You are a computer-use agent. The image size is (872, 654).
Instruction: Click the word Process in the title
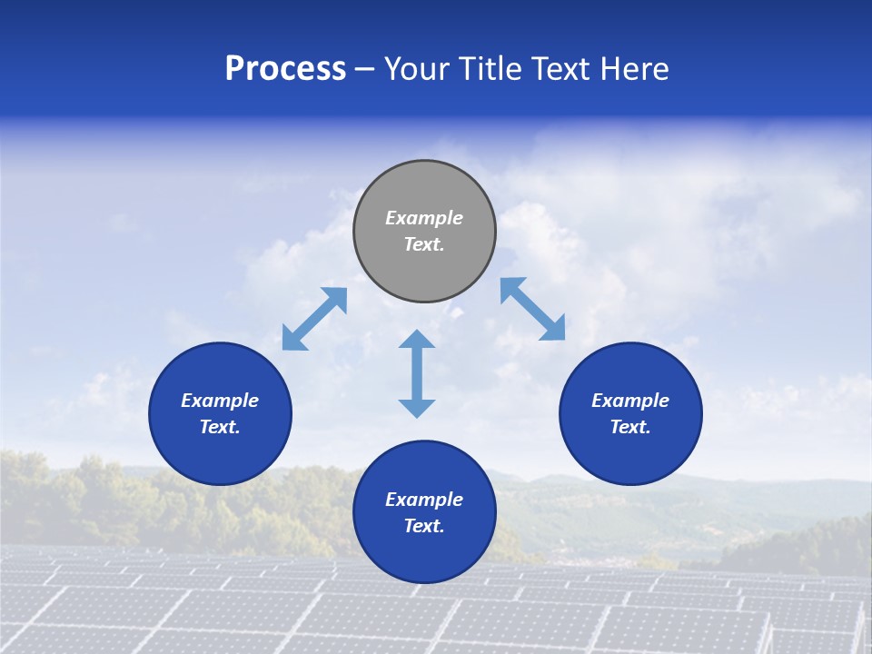coord(285,69)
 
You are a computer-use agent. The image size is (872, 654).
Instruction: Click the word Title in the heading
coord(490,69)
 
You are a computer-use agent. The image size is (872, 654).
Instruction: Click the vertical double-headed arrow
coord(417,373)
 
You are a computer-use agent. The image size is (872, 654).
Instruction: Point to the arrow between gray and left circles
coord(314,319)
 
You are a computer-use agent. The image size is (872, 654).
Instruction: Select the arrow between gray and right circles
coord(532,309)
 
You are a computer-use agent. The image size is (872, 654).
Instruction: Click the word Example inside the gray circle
coord(424,218)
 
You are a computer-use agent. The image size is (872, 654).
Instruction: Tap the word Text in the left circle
coord(220,427)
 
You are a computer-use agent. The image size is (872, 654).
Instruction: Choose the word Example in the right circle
coord(630,401)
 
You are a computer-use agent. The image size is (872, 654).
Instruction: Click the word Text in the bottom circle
coord(424,526)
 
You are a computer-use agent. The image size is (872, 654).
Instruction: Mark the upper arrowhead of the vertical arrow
coord(417,341)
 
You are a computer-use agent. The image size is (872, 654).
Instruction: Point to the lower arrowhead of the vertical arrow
coord(417,407)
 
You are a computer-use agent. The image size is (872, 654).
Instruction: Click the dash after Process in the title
coord(365,69)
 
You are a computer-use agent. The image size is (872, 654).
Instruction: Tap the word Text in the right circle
coord(630,427)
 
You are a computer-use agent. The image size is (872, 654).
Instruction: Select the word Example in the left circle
coord(220,401)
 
